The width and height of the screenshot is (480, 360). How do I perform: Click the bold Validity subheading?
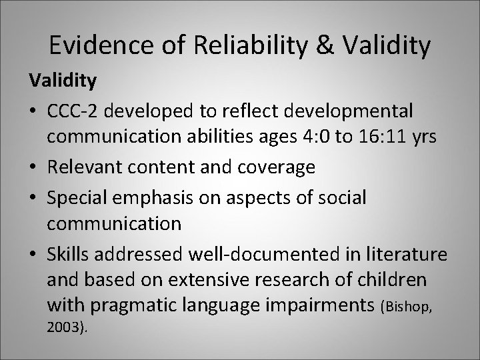pyautogui.click(x=62, y=81)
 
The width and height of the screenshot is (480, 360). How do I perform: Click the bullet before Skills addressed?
pyautogui.click(x=34, y=253)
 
